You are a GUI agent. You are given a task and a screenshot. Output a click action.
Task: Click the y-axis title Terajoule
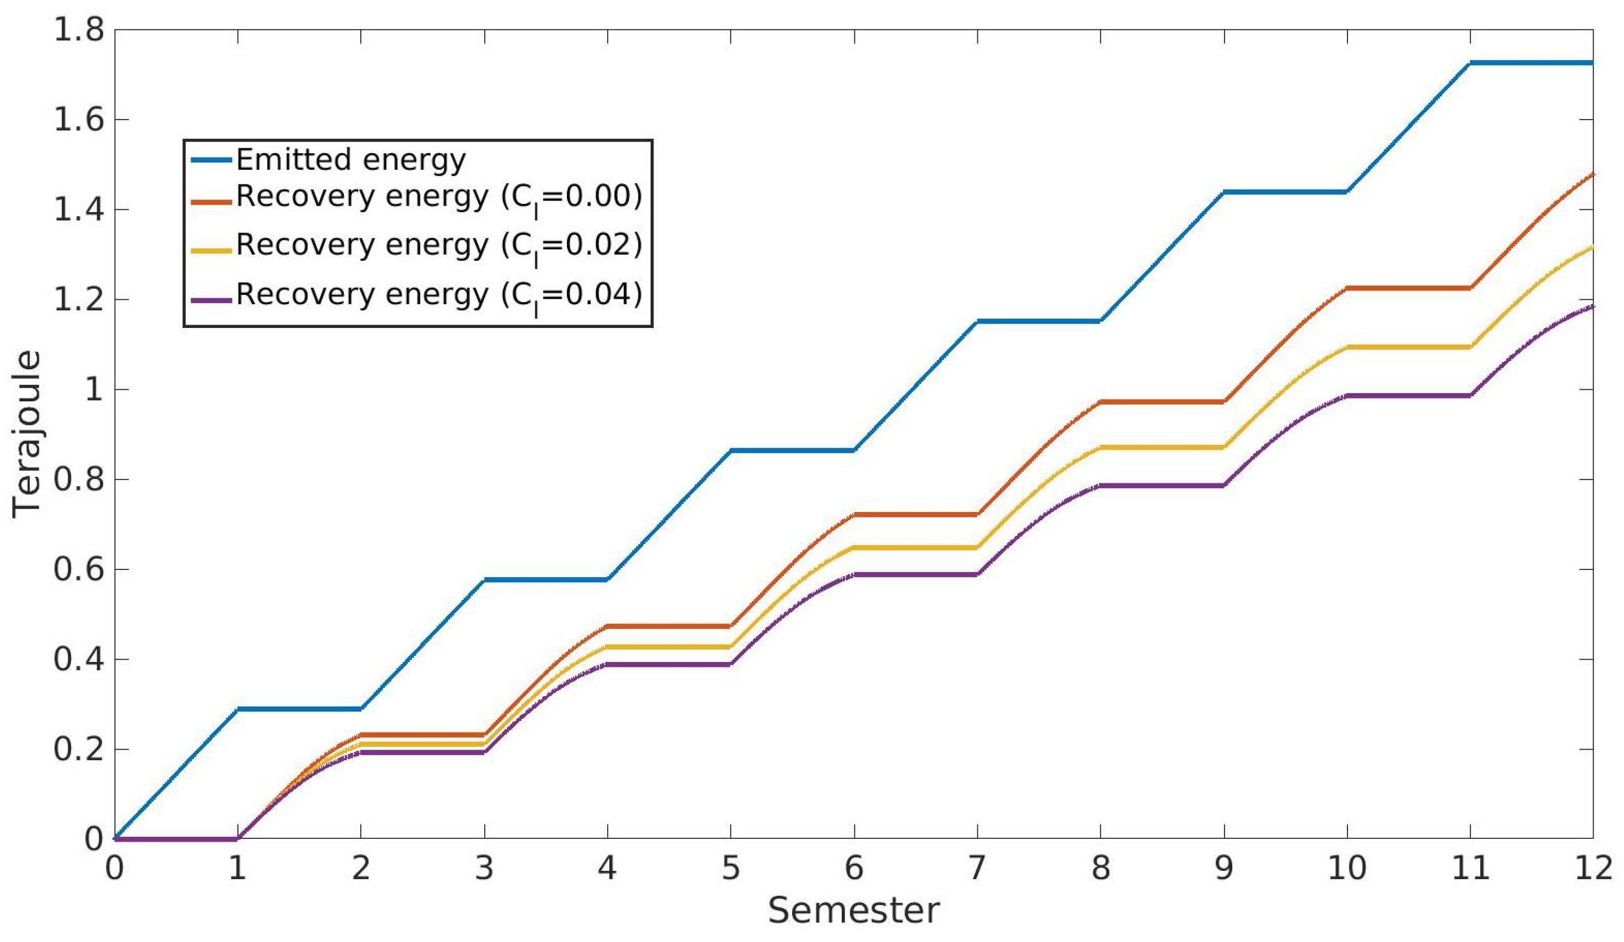(27, 433)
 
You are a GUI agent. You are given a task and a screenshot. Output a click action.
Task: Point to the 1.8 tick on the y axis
(78, 30)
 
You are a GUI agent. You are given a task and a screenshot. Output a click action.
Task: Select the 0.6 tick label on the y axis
(78, 569)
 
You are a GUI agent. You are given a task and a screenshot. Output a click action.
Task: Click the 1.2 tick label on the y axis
(78, 300)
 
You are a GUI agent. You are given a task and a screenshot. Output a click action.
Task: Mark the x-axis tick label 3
(484, 868)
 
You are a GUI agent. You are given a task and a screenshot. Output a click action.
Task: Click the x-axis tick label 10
(1347, 868)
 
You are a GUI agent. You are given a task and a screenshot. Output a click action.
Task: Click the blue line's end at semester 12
(1593, 62)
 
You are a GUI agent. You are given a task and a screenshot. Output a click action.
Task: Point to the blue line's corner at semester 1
(238, 709)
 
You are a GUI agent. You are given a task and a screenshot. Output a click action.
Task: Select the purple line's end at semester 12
(1593, 306)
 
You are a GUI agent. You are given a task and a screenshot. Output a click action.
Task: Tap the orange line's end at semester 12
(1593, 174)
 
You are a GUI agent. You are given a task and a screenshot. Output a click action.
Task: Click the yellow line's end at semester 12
(1593, 247)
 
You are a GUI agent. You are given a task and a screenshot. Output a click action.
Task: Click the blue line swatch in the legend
(211, 160)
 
